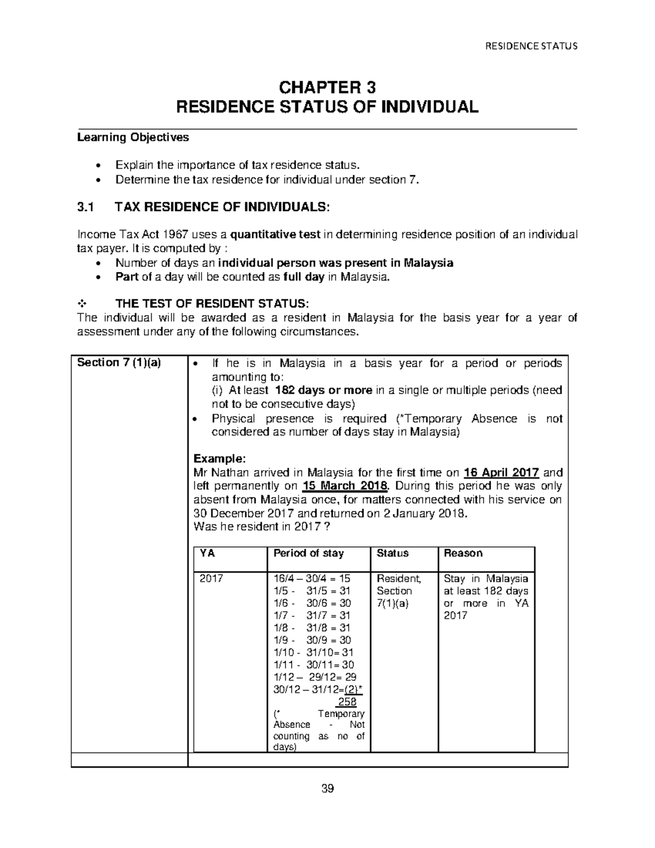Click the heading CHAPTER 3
click(327, 87)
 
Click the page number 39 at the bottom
click(327, 788)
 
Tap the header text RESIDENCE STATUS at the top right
click(531, 46)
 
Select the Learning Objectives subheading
click(133, 138)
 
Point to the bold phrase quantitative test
click(276, 235)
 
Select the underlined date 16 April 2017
click(501, 473)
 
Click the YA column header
click(207, 553)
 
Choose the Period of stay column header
click(308, 553)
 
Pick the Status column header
click(392, 553)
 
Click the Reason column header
click(463, 553)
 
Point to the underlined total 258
click(347, 702)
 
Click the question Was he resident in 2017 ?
click(262, 527)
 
